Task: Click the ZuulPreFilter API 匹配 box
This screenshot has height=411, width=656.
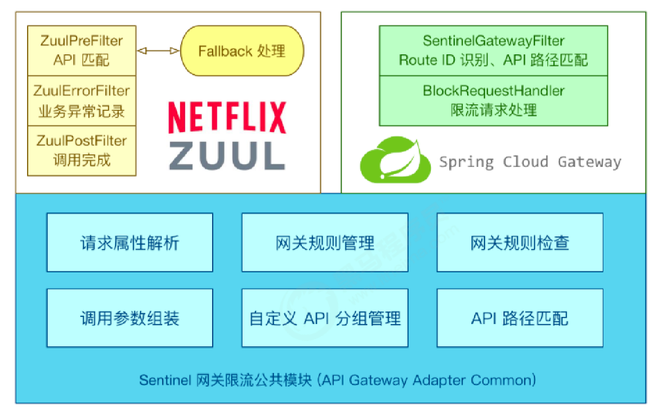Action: [x=81, y=50]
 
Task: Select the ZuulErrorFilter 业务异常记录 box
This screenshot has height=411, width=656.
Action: [x=81, y=101]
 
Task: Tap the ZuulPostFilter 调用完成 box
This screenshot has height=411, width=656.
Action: [x=81, y=151]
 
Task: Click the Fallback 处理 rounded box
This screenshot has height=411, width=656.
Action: [x=241, y=52]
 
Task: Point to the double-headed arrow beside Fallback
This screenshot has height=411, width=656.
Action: [x=158, y=51]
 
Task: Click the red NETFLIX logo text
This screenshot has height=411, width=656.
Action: [x=227, y=118]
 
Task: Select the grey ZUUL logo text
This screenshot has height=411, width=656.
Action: [x=227, y=156]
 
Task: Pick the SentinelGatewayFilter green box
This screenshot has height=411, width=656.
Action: [x=493, y=51]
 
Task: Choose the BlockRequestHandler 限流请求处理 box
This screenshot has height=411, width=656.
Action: [x=493, y=101]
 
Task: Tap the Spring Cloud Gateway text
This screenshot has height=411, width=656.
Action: [x=530, y=162]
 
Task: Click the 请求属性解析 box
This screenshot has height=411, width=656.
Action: [x=130, y=242]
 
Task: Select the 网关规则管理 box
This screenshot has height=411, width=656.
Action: [x=324, y=242]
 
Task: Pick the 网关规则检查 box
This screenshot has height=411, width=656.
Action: [x=519, y=242]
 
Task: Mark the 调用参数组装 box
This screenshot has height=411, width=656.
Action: [x=130, y=318]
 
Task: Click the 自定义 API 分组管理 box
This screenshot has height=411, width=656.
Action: [x=324, y=318]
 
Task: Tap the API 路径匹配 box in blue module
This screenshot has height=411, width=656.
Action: [x=519, y=318]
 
